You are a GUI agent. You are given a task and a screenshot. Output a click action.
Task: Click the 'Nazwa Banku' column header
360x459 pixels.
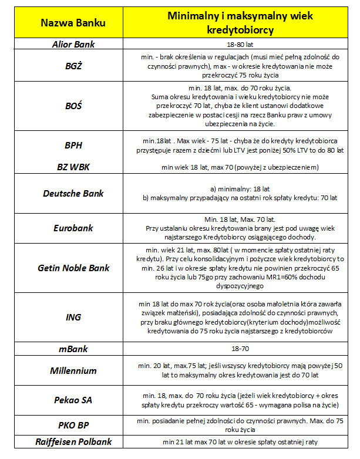(x=73, y=23)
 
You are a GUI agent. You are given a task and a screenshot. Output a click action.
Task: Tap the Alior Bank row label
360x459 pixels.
(x=73, y=45)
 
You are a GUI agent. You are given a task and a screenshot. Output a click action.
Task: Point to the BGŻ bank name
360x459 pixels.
(x=73, y=66)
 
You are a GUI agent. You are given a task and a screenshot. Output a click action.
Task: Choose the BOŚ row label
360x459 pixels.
(x=73, y=106)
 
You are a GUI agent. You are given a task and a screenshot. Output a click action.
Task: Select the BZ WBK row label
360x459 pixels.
(x=73, y=168)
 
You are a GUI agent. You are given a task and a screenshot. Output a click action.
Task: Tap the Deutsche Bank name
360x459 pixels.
(x=73, y=193)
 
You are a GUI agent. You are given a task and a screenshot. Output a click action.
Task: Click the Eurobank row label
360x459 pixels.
(x=73, y=228)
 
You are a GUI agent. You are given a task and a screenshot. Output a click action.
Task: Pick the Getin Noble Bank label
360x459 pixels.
(x=73, y=268)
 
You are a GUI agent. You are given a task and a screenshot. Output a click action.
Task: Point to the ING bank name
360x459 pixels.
(x=73, y=318)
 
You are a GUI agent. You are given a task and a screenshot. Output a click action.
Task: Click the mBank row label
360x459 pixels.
(x=73, y=349)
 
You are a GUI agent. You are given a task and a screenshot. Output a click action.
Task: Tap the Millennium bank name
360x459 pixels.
(x=73, y=370)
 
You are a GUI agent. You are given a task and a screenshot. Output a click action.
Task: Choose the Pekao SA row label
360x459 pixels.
(x=73, y=400)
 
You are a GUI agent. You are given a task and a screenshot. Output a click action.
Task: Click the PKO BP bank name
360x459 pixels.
(x=73, y=426)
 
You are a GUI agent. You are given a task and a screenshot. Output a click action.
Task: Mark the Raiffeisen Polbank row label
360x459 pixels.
(x=73, y=442)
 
